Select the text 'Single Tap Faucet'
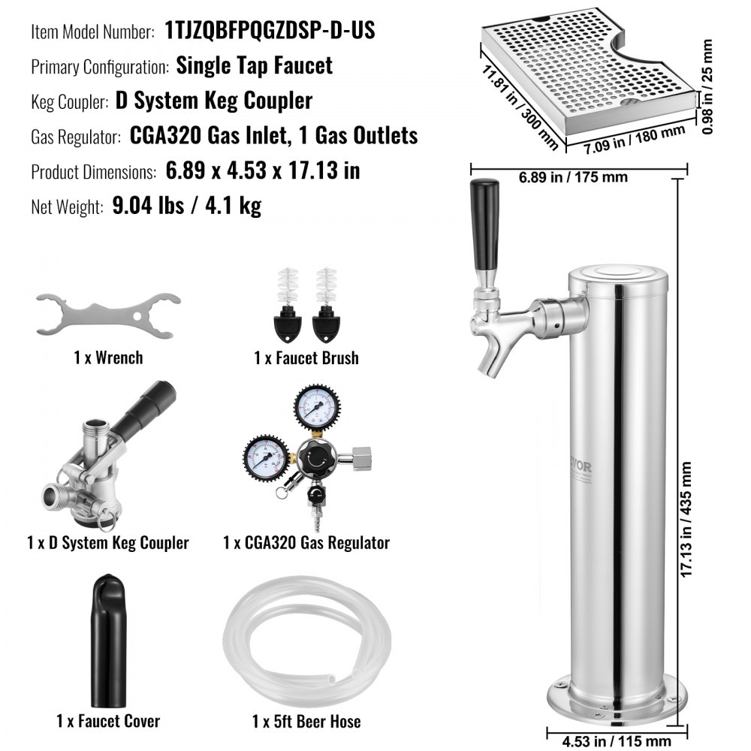click(x=254, y=65)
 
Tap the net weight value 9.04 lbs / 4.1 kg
click(x=186, y=205)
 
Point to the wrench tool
click(x=107, y=313)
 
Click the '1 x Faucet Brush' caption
click(x=306, y=358)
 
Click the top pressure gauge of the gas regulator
click(x=316, y=409)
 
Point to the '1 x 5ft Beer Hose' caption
click(x=306, y=722)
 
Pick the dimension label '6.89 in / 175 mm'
click(x=572, y=178)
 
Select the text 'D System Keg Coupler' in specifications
click(x=214, y=101)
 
